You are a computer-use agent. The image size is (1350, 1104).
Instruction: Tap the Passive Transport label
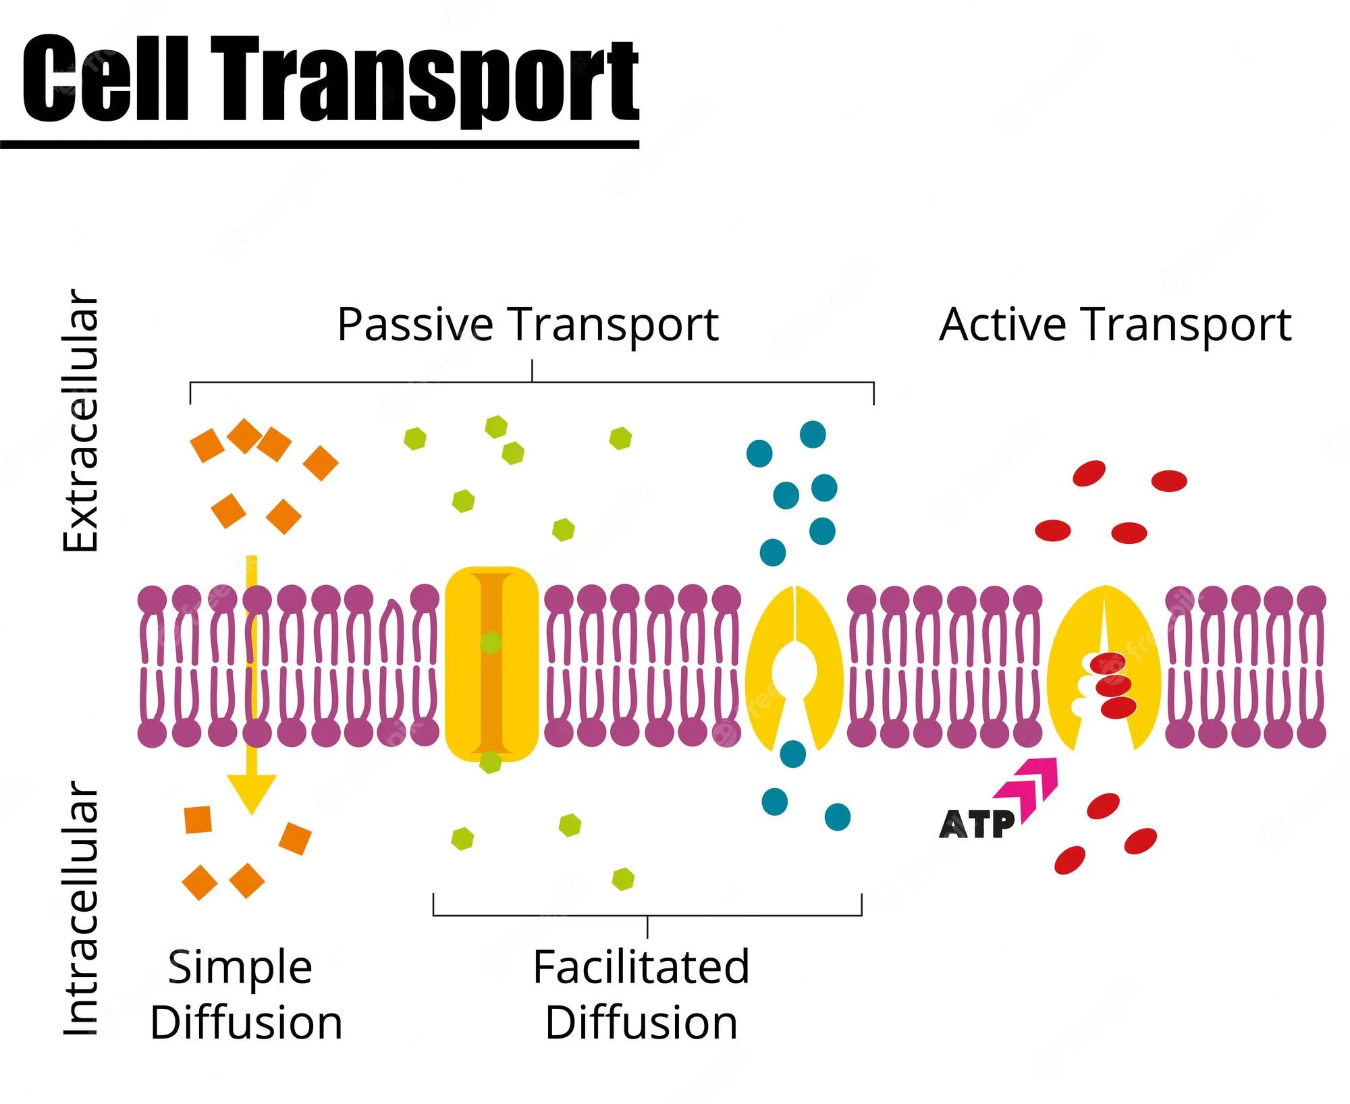click(x=527, y=325)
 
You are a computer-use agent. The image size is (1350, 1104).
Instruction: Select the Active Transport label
click(x=1114, y=325)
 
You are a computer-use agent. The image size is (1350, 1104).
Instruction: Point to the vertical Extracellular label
click(x=81, y=420)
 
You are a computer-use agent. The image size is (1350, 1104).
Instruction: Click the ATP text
click(x=976, y=825)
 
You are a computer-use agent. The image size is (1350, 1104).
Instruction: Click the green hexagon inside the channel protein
click(x=491, y=642)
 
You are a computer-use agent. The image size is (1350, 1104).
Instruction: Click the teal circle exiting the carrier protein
click(x=792, y=754)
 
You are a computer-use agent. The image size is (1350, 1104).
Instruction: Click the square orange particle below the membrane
click(x=198, y=819)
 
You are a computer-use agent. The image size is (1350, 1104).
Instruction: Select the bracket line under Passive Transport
click(x=532, y=383)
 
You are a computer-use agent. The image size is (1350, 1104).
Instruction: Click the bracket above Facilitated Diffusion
click(x=647, y=915)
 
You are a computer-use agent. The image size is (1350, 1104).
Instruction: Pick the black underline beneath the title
click(x=319, y=144)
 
